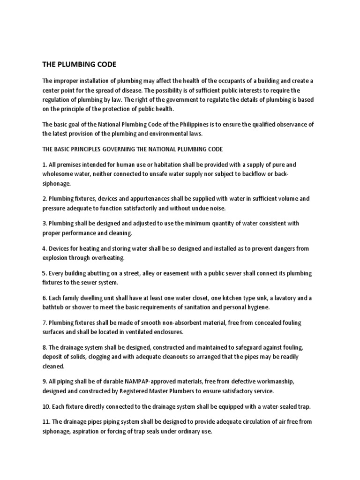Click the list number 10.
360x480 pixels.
46,406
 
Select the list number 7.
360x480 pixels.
44,322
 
